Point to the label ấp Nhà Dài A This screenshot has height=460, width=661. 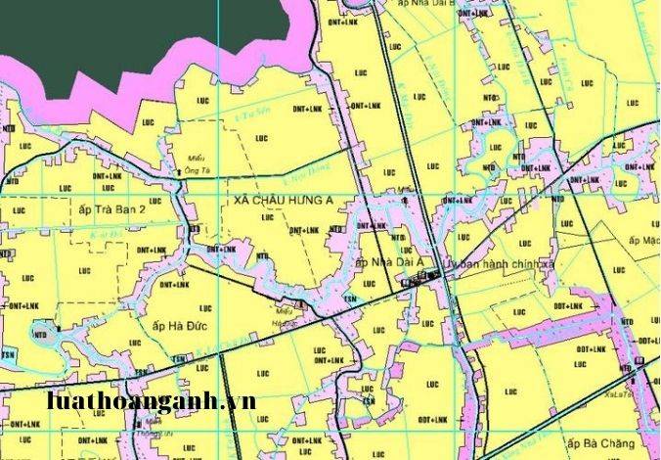point(389,262)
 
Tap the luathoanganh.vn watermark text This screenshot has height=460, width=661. point(152,401)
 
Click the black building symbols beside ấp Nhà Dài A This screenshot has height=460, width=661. point(422,281)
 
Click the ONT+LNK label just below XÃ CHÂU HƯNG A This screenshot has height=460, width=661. point(304,230)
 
